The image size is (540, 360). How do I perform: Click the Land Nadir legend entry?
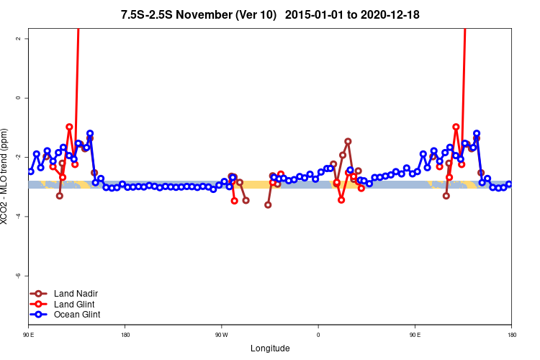(x=76, y=294)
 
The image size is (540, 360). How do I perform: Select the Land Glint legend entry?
(x=74, y=304)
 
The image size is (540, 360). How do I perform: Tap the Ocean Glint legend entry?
(x=76, y=315)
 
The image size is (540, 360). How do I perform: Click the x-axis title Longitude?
(x=270, y=348)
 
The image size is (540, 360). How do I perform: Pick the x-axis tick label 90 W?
(x=221, y=335)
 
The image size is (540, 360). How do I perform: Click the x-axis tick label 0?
(x=318, y=335)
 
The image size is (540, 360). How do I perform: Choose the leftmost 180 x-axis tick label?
(x=125, y=335)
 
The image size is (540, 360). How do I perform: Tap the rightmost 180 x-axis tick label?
(x=511, y=335)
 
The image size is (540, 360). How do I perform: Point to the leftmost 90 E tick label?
(x=28, y=335)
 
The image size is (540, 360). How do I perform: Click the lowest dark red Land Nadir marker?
(x=268, y=204)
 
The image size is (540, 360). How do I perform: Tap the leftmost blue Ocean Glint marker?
(x=30, y=171)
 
